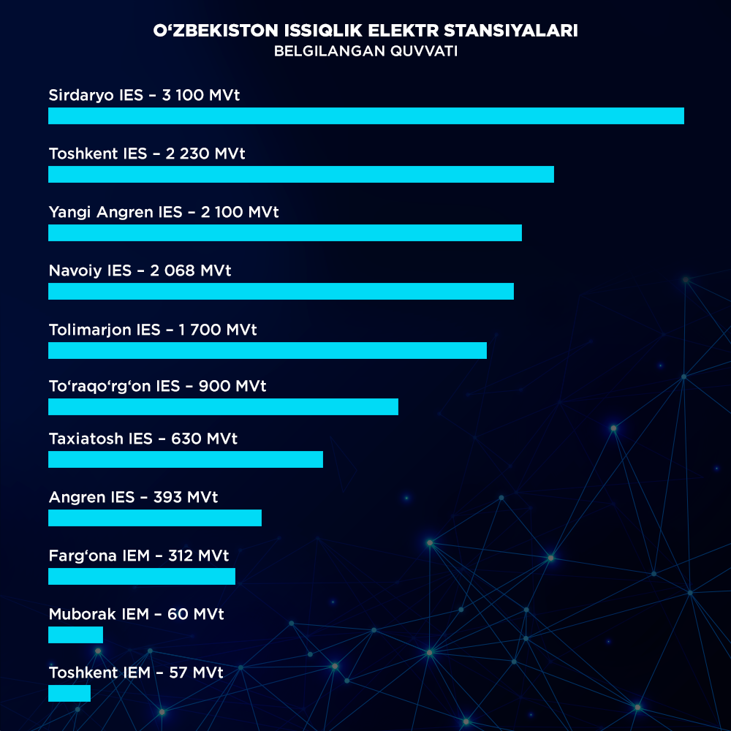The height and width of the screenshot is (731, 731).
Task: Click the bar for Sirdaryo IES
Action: tap(365, 115)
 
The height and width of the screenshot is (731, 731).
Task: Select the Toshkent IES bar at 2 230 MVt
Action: tap(300, 174)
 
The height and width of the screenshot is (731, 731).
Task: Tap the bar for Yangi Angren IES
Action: tap(284, 232)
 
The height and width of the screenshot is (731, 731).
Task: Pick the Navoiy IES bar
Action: tap(281, 291)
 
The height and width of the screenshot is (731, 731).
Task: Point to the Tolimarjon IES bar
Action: tap(267, 350)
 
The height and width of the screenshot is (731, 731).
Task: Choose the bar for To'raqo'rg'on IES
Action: tap(223, 406)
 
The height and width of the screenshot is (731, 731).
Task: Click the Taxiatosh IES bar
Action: tap(185, 459)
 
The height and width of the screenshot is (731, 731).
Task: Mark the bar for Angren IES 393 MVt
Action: tap(154, 518)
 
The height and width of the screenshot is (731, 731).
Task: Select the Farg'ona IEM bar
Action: tap(141, 576)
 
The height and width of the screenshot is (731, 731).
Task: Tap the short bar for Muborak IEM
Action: tap(75, 635)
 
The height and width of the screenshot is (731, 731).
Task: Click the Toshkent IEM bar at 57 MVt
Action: tap(69, 693)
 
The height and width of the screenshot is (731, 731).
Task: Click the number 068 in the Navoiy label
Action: tap(180, 270)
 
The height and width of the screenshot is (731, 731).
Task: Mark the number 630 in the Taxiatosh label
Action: tap(186, 439)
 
